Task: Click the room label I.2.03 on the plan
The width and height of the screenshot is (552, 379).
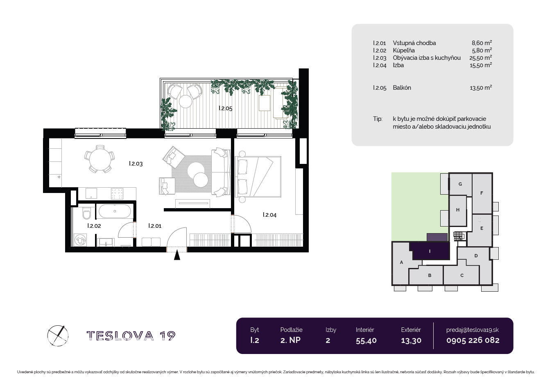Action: (x=136, y=163)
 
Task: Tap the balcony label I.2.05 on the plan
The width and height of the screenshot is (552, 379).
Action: (x=226, y=108)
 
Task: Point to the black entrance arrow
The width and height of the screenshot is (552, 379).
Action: (x=177, y=255)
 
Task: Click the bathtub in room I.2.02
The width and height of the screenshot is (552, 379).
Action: (x=115, y=211)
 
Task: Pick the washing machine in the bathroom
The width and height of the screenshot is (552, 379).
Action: (x=80, y=240)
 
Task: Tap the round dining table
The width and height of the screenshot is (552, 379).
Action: (x=100, y=159)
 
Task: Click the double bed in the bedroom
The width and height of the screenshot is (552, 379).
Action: (x=258, y=177)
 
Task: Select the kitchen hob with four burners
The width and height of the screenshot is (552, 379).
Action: (x=117, y=193)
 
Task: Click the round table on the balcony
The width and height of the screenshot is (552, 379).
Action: (x=186, y=101)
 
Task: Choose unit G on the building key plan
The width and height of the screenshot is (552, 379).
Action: (x=460, y=184)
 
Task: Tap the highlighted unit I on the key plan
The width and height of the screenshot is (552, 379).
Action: (x=430, y=251)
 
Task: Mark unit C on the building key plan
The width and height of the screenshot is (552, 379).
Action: (x=462, y=275)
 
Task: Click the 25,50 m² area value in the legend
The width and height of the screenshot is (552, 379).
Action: (x=481, y=58)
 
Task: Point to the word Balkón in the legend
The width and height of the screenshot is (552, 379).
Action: (x=402, y=88)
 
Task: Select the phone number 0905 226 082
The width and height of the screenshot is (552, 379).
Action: (x=473, y=340)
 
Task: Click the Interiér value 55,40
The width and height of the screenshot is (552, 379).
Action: (x=366, y=340)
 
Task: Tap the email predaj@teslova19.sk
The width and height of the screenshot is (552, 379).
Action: (x=473, y=330)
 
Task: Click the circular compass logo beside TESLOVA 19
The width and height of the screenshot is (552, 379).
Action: (x=58, y=336)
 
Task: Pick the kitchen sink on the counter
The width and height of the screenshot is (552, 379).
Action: (x=91, y=193)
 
